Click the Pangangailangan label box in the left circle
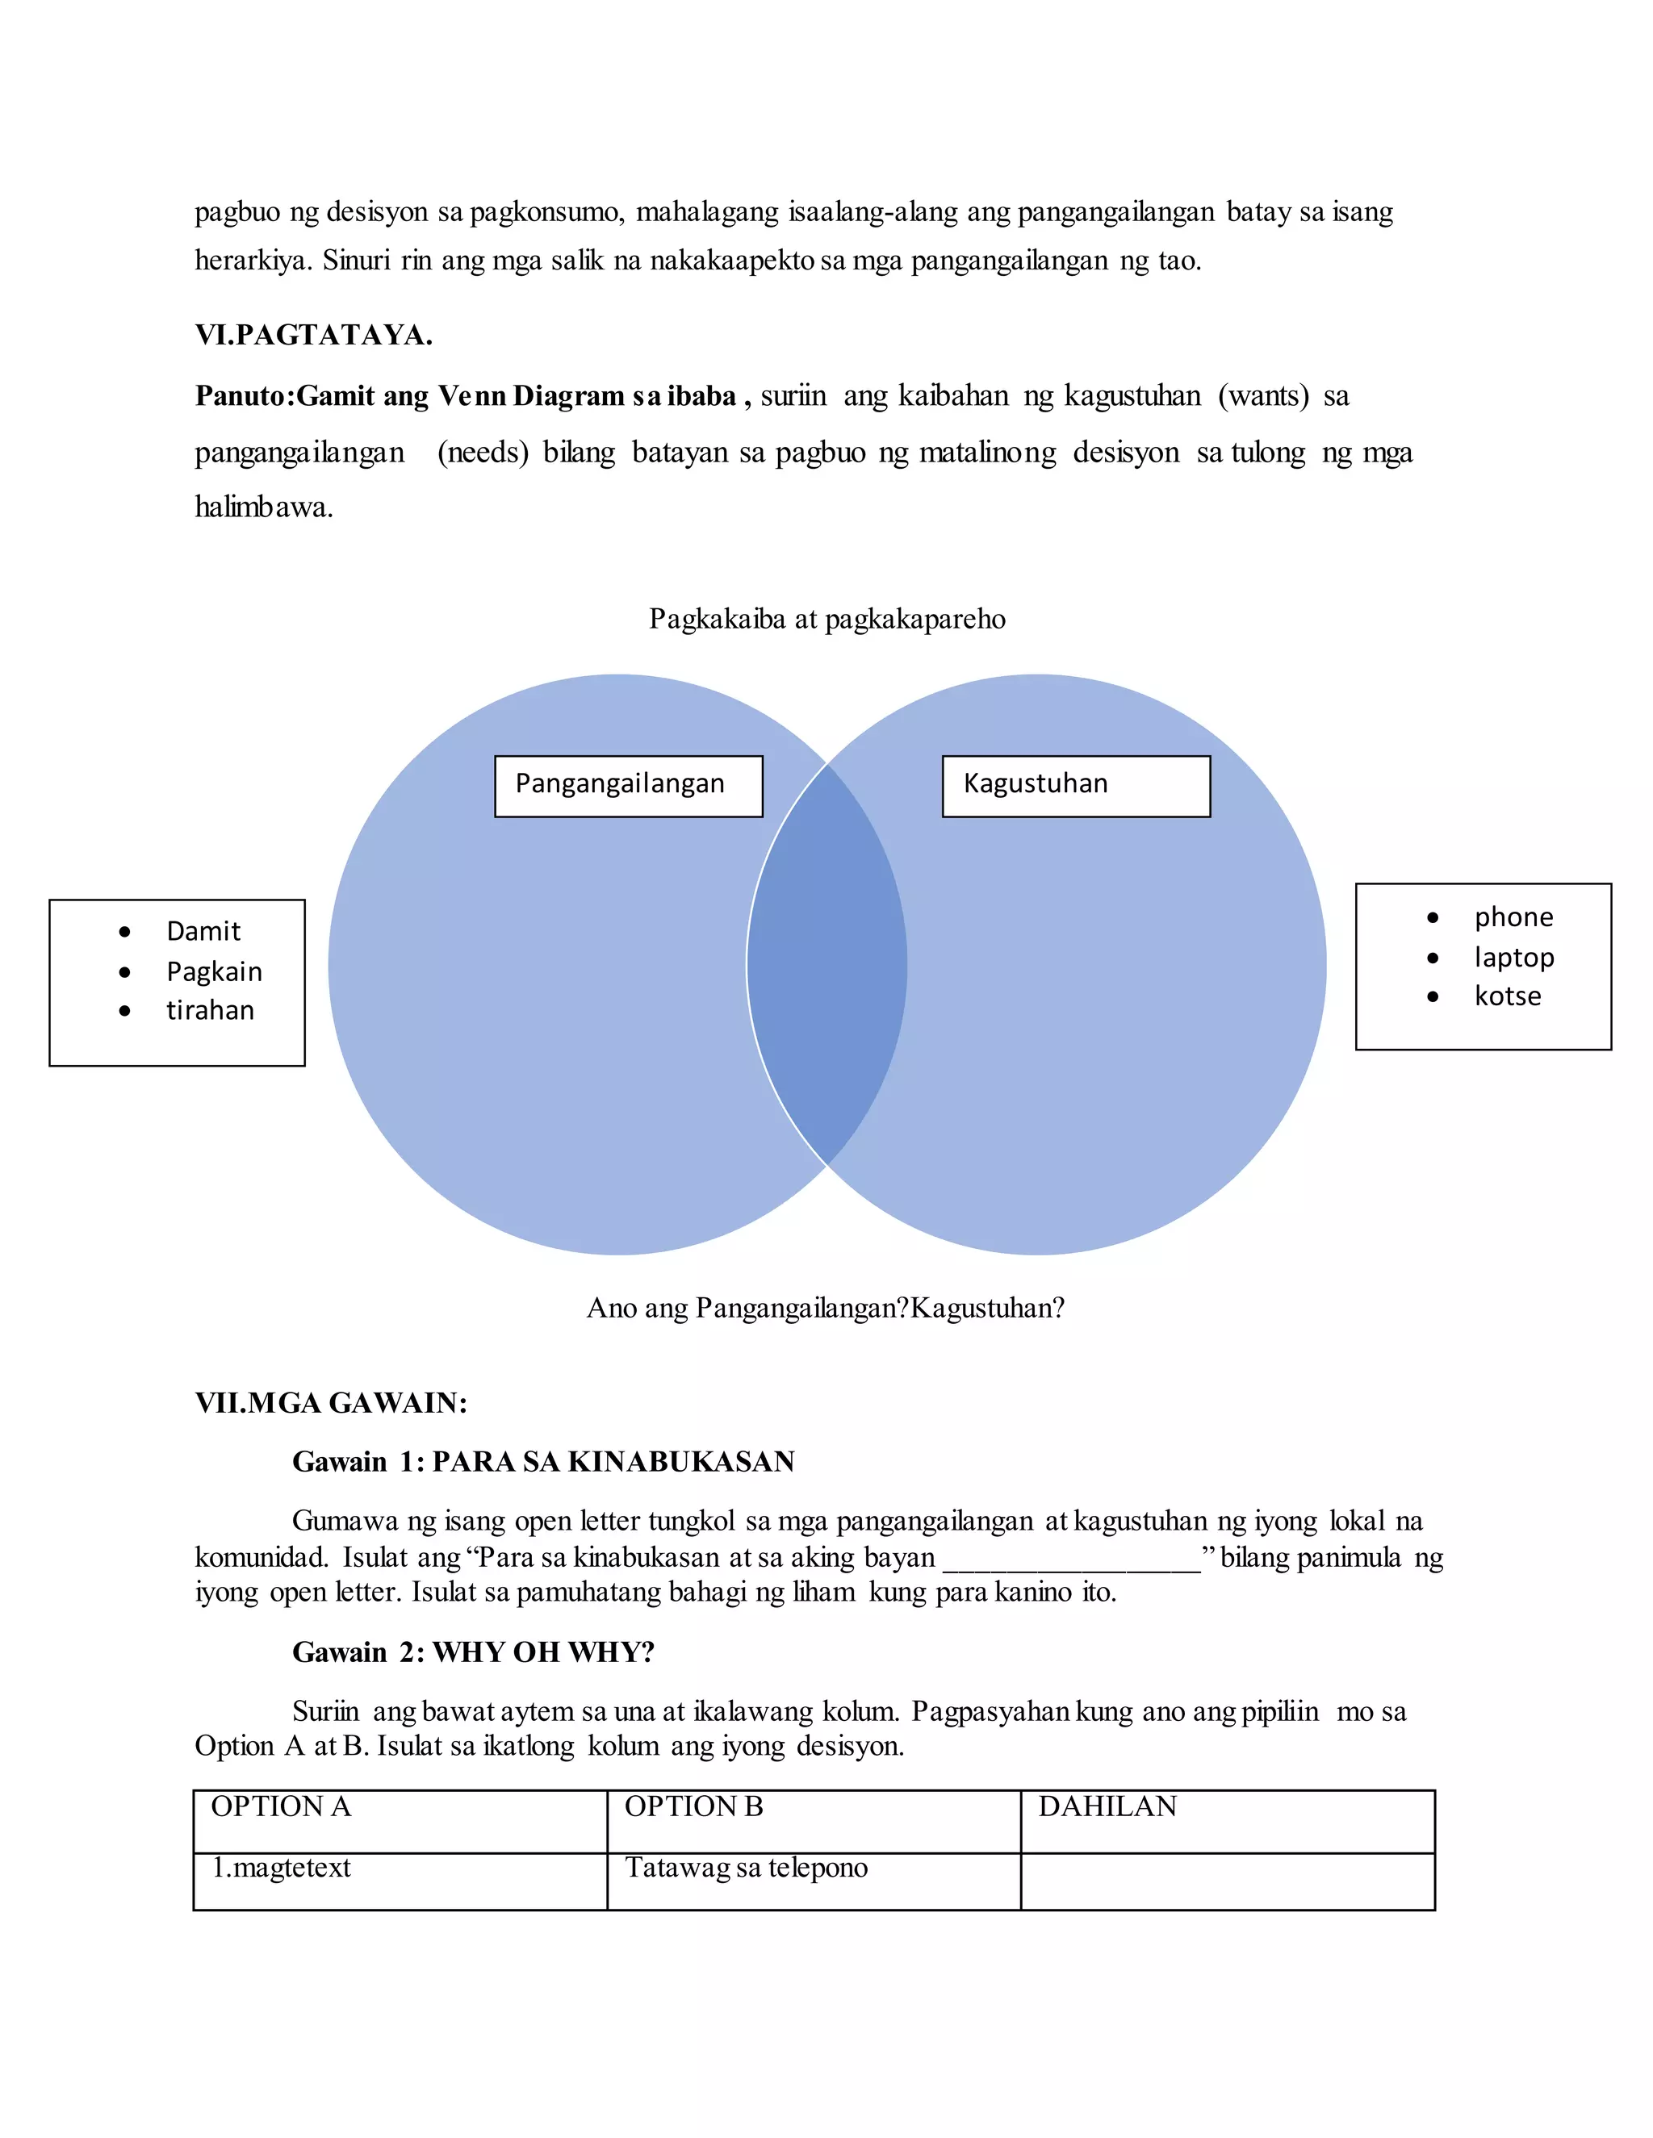[628, 785]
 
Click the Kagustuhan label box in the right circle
[1075, 785]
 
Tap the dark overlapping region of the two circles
[827, 964]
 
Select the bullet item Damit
[203, 931]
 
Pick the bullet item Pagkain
[213, 971]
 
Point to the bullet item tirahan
[210, 1010]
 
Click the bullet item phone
[1513, 917]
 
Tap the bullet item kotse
[1507, 996]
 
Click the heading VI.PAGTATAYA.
[313, 336]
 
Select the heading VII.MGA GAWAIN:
[331, 1403]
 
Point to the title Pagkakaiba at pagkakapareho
[826, 619]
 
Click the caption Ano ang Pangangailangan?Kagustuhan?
[825, 1308]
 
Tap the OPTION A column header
[281, 1806]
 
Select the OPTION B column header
[693, 1806]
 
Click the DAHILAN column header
[1107, 1806]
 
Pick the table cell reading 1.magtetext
[282, 1868]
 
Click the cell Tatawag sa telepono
[747, 1868]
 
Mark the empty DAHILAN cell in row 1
[1227, 1880]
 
